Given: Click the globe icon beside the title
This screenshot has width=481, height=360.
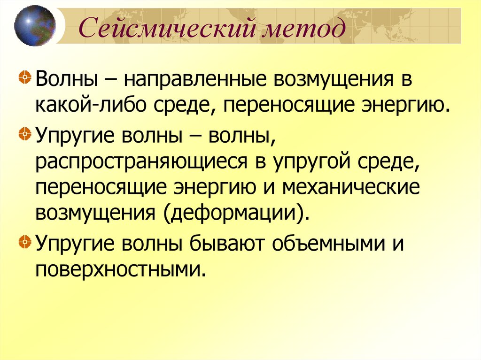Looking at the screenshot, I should click(35, 25).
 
